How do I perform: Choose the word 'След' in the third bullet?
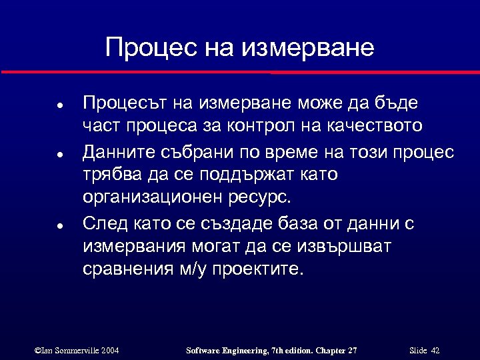click(x=102, y=223)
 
